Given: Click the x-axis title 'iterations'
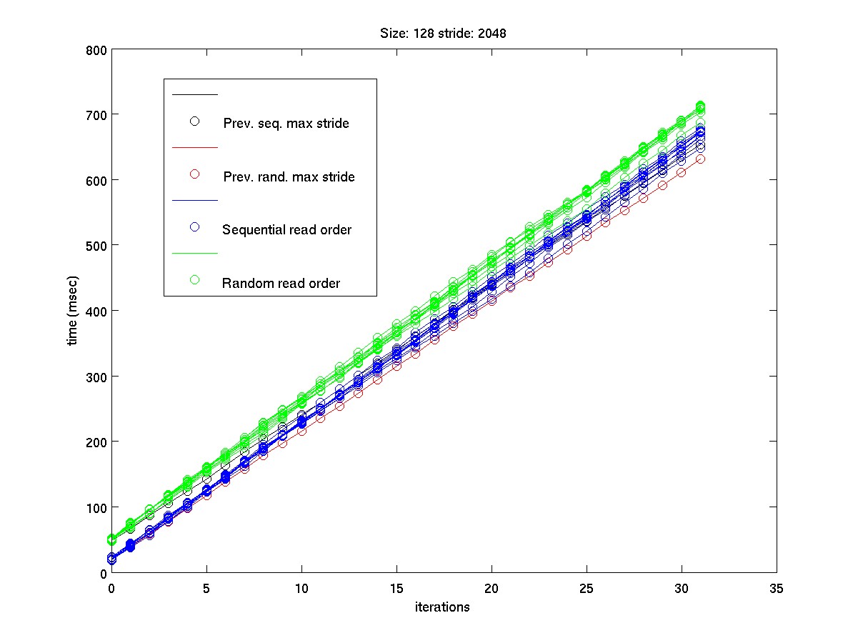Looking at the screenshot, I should pos(443,607).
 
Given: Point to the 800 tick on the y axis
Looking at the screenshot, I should pos(98,49).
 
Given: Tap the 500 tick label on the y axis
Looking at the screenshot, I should pos(98,245).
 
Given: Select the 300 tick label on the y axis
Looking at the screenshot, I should pos(98,376).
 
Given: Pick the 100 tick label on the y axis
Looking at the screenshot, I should pos(98,507).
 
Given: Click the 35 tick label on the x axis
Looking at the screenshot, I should pos(777,589).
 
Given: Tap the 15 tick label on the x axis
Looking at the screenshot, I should pos(396,589).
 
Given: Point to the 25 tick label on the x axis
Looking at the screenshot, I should pos(587,589).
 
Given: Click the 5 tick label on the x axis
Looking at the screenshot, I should pos(206,589).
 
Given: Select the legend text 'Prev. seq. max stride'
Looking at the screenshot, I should pos(286,124).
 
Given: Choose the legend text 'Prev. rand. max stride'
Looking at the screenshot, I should pos(289,176).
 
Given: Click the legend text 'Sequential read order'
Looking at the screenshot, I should pos(286,230).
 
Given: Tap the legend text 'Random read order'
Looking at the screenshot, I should pos(281,283).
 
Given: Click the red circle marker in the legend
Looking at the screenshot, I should pos(194,174).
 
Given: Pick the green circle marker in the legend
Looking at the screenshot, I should pos(194,280).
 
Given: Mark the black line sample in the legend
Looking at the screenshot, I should pos(194,94).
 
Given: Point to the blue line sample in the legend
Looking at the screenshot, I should pos(194,200).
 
